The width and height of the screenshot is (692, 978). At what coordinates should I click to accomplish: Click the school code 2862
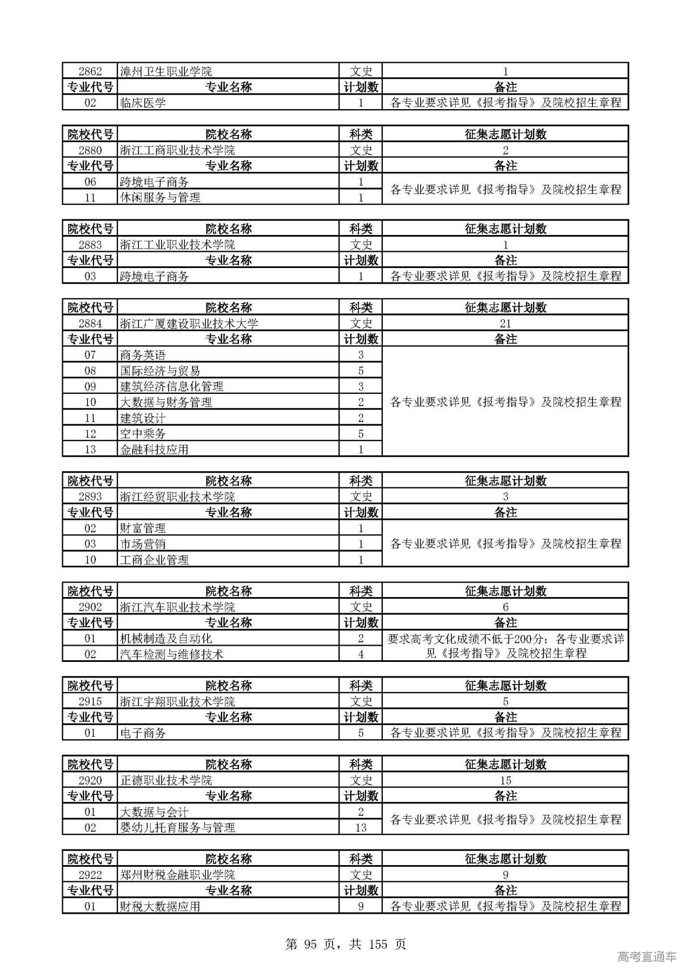(x=90, y=71)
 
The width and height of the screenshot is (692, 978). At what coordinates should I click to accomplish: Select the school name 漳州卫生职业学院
(x=166, y=71)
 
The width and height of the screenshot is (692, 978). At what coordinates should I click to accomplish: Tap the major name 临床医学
(x=143, y=103)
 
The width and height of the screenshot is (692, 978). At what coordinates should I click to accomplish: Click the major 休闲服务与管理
(x=160, y=198)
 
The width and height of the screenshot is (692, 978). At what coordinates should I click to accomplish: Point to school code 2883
(x=90, y=245)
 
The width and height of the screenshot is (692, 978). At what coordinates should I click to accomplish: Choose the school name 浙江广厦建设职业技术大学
(x=189, y=324)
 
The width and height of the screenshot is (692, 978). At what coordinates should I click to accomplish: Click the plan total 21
(x=505, y=324)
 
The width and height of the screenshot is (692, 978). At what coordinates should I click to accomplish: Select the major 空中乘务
(x=143, y=434)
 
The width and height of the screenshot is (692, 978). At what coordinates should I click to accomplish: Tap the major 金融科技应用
(x=154, y=450)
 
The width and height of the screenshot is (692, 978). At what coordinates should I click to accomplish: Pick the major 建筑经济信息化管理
(x=171, y=386)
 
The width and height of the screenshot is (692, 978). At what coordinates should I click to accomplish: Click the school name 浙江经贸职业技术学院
(x=177, y=497)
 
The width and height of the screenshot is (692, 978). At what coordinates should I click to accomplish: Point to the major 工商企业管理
(x=154, y=560)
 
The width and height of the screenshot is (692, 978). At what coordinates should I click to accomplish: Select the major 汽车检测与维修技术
(x=171, y=654)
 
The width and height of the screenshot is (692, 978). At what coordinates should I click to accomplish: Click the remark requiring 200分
(x=505, y=646)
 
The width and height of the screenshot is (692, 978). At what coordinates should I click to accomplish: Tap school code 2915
(x=90, y=702)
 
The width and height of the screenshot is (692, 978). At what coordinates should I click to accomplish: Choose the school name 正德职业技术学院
(x=166, y=780)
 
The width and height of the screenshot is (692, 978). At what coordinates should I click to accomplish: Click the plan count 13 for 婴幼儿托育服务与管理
(x=361, y=828)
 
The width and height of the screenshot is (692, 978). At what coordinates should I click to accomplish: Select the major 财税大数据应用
(x=160, y=906)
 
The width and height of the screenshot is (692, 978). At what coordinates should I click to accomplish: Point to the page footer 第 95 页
(x=345, y=944)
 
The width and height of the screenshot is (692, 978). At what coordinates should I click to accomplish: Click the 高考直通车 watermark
(x=647, y=957)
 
